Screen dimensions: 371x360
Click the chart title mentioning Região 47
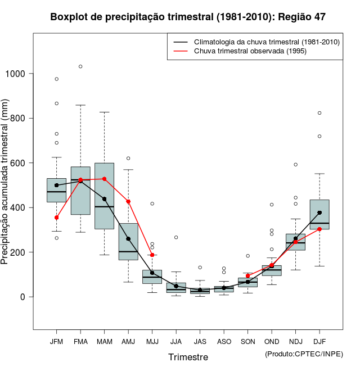[188, 17]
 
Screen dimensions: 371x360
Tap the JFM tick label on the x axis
[56, 341]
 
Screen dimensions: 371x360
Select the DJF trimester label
[319, 341]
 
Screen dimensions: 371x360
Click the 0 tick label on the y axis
[23, 297]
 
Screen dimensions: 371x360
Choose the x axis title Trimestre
[188, 357]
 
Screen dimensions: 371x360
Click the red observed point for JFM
[56, 218]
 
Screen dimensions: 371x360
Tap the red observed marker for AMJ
[128, 201]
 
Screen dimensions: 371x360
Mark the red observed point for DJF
[319, 229]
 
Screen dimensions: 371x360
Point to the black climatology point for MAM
[104, 199]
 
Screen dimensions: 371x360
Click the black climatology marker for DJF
[319, 212]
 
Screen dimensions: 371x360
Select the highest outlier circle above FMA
[80, 66]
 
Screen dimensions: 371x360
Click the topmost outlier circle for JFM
[56, 79]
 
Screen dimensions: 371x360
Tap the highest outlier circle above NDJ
[295, 165]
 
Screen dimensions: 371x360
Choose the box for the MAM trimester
[104, 196]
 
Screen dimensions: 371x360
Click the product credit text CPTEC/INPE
[304, 354]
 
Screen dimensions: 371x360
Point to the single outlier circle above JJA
[176, 237]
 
